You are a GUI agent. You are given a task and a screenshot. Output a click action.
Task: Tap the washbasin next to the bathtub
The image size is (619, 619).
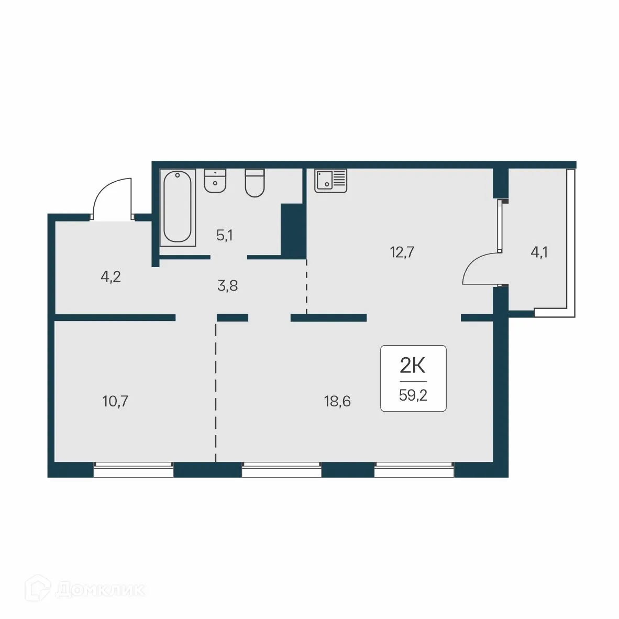[x=215, y=181]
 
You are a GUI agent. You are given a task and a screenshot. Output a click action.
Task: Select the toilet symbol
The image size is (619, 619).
[x=256, y=183]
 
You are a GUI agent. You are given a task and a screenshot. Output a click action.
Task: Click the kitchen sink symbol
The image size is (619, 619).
[x=331, y=181]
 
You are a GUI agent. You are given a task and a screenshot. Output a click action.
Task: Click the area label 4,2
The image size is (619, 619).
[x=110, y=277]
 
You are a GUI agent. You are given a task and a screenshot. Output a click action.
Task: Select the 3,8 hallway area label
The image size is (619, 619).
[x=227, y=286]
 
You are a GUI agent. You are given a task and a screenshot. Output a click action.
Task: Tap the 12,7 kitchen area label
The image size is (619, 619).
[x=402, y=252]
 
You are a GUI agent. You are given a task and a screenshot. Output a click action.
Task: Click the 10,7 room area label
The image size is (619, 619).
[x=116, y=402]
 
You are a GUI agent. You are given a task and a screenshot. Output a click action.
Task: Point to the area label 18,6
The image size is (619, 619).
[x=337, y=402]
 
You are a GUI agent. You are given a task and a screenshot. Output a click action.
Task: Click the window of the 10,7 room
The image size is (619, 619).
[x=133, y=470]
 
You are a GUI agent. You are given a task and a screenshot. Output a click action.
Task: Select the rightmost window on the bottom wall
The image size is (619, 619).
[x=414, y=470]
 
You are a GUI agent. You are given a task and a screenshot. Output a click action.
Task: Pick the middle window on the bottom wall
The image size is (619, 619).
[x=281, y=470]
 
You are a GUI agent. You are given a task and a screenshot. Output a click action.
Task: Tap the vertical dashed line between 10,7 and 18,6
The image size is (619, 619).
[x=216, y=393]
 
